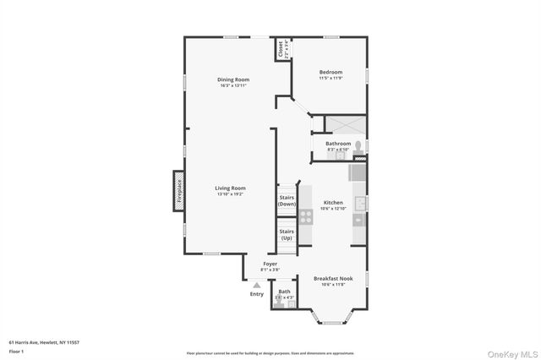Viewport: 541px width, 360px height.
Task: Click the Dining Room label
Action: tap(234, 79)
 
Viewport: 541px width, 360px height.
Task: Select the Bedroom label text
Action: tap(331, 73)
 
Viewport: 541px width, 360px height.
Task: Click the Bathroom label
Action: tap(338, 144)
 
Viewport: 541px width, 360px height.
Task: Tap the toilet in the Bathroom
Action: tap(358, 147)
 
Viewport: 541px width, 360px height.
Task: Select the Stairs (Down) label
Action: tap(287, 200)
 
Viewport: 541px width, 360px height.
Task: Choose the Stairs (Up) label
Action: tap(287, 234)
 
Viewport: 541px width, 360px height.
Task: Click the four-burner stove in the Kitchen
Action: tap(305, 215)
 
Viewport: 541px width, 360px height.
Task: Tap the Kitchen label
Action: tap(333, 203)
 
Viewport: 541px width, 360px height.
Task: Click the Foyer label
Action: tap(270, 265)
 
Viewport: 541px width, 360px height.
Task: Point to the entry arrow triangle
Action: tap(256, 286)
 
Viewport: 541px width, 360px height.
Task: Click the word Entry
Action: tap(256, 294)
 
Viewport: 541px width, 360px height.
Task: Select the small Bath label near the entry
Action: tap(284, 292)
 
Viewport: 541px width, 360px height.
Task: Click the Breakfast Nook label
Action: tap(333, 278)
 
